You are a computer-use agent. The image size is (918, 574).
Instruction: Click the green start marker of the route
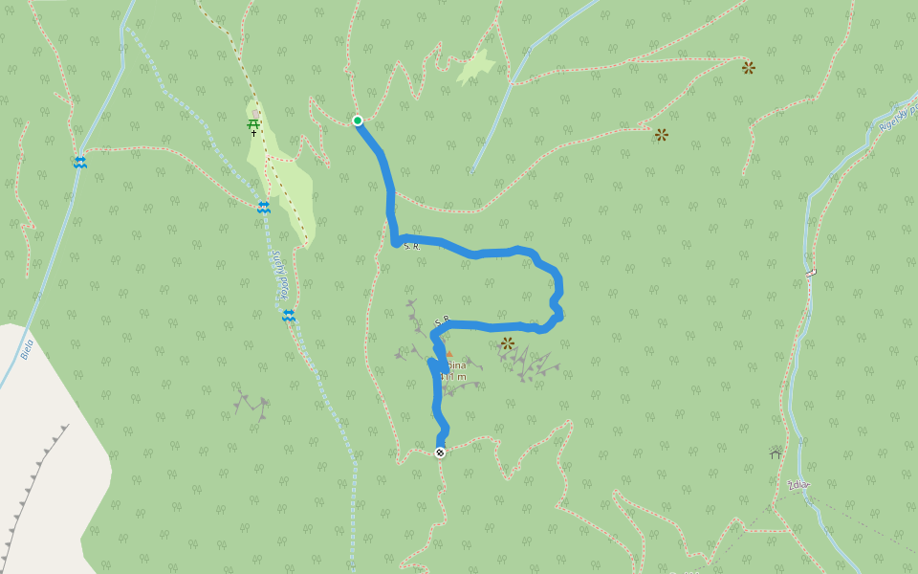click(x=358, y=121)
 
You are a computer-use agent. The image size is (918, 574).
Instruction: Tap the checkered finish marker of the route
click(x=440, y=453)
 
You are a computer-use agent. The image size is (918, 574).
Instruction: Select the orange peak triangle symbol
click(x=448, y=354)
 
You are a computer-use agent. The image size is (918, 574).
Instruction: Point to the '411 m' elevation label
click(x=454, y=377)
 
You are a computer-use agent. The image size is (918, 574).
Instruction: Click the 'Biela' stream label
click(x=26, y=349)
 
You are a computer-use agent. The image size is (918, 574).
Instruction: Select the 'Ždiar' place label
click(x=798, y=485)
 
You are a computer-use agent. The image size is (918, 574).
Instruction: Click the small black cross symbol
click(x=253, y=134)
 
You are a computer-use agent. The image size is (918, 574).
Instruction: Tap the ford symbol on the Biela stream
click(x=80, y=163)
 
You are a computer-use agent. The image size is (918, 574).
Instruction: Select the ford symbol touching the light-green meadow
click(x=263, y=207)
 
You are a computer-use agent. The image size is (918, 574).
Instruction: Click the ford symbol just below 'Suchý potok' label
click(x=288, y=315)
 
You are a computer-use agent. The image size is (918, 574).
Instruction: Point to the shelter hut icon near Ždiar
click(x=775, y=452)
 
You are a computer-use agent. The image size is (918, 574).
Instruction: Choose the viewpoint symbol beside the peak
click(x=508, y=342)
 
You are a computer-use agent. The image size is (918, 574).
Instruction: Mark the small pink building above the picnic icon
click(x=256, y=113)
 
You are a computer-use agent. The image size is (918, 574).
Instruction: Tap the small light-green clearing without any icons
click(x=475, y=67)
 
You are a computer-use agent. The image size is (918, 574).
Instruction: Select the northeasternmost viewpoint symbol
click(x=749, y=68)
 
